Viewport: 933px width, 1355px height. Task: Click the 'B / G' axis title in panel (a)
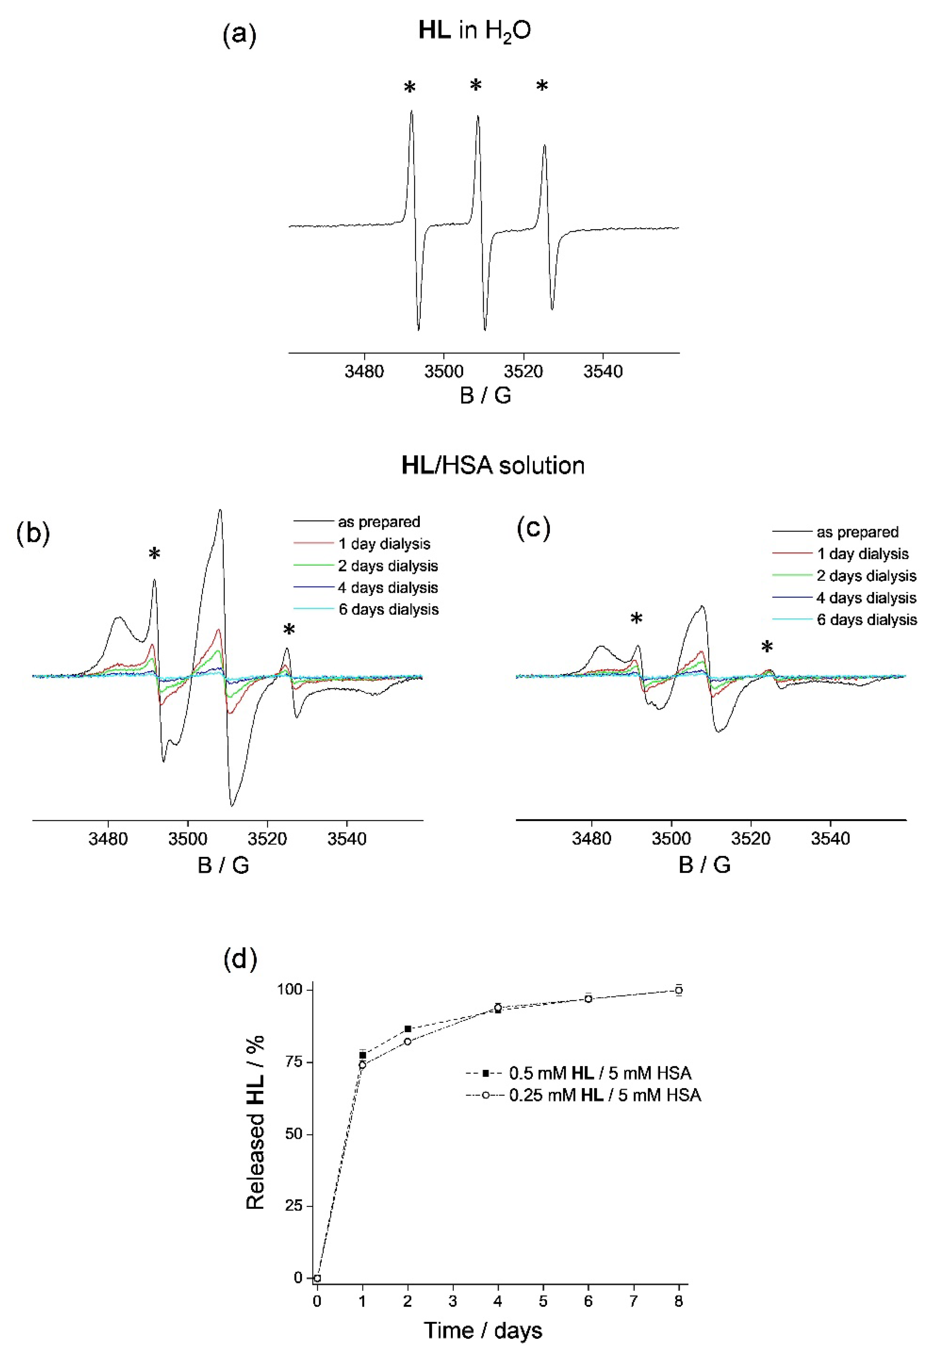tap(485, 395)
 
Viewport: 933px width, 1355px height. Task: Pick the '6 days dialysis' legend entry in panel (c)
tap(866, 619)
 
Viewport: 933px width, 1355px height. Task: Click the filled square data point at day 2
tap(408, 1028)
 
